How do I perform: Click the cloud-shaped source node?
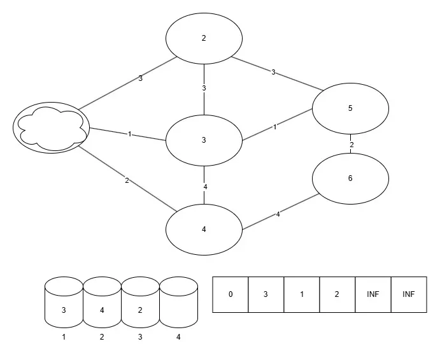click(x=51, y=127)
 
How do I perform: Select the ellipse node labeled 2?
click(x=204, y=38)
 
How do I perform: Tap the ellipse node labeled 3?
click(x=204, y=140)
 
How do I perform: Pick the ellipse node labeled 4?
click(x=204, y=229)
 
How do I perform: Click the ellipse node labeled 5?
click(x=350, y=108)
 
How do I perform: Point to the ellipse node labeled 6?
click(x=350, y=178)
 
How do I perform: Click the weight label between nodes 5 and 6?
click(x=351, y=145)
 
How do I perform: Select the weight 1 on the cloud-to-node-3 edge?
click(x=130, y=134)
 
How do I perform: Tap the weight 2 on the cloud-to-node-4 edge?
click(x=127, y=181)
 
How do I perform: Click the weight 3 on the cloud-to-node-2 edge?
click(x=140, y=79)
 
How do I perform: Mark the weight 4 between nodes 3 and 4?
click(x=205, y=187)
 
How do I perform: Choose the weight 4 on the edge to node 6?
click(x=278, y=215)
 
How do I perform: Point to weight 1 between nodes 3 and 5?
click(x=274, y=127)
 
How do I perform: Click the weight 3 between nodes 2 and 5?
click(x=273, y=72)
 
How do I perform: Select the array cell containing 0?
click(x=231, y=294)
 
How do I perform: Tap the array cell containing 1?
click(x=302, y=294)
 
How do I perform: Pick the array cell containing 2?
click(x=337, y=294)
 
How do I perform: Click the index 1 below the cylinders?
click(x=64, y=337)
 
